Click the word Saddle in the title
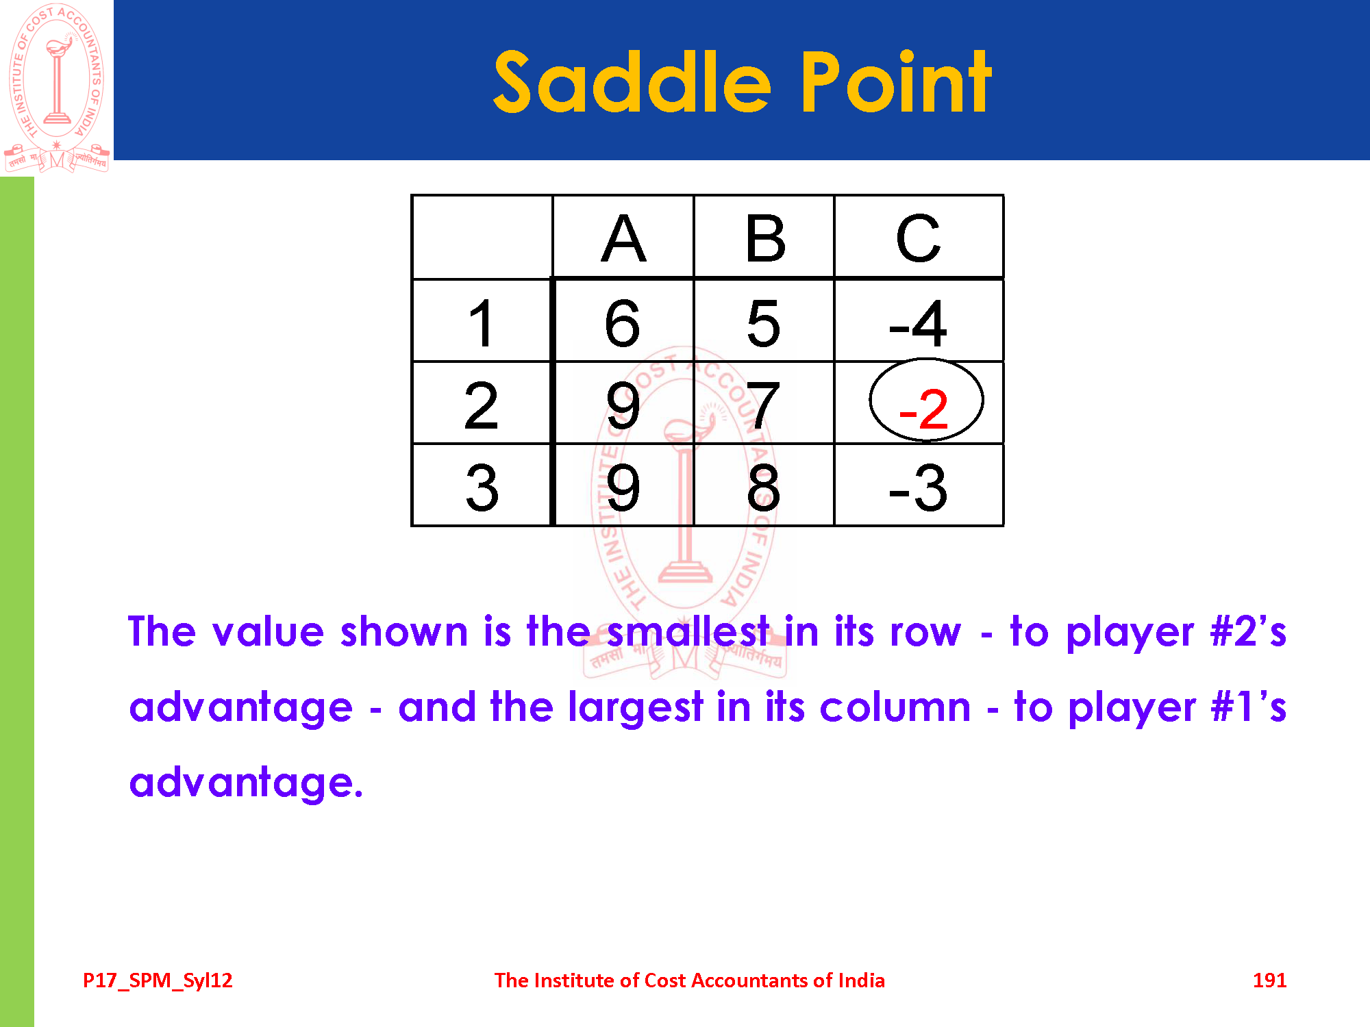pyautogui.click(x=632, y=82)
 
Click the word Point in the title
pyautogui.click(x=896, y=82)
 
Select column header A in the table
pyautogui.click(x=623, y=238)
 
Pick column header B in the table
pyautogui.click(x=764, y=238)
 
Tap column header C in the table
pyautogui.click(x=919, y=238)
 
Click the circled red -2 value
pyautogui.click(x=925, y=409)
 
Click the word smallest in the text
pyautogui.click(x=688, y=631)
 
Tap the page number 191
pyautogui.click(x=1269, y=980)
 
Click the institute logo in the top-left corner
pyautogui.click(x=56, y=88)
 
